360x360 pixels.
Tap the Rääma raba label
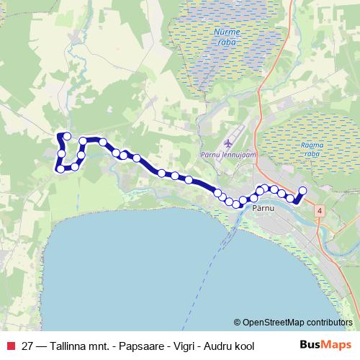(313, 150)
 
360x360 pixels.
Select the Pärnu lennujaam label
(232, 157)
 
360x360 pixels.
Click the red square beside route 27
(12, 346)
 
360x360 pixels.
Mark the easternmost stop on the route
(302, 191)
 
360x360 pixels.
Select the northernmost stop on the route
(67, 135)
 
